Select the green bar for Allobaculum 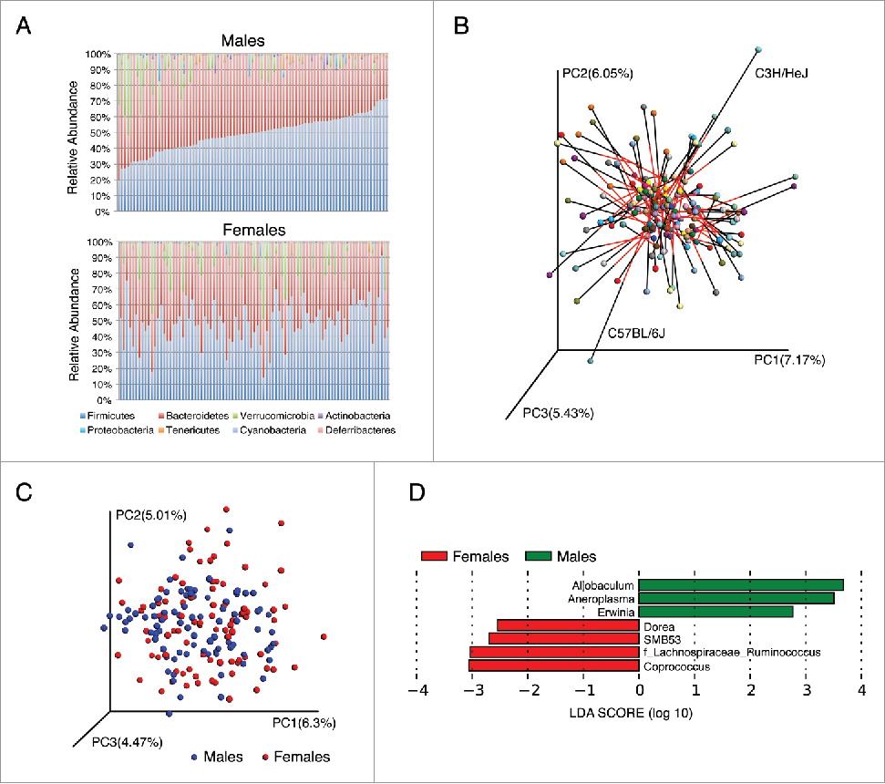pos(740,584)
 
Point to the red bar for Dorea pos(567,625)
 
